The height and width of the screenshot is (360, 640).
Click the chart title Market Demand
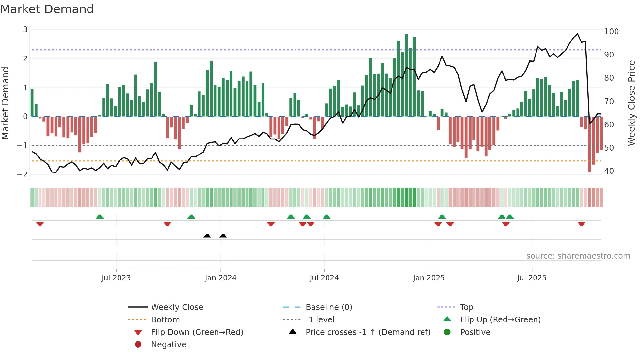point(47,9)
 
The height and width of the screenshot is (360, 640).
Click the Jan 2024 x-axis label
point(220,278)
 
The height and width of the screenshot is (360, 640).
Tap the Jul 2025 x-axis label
point(532,278)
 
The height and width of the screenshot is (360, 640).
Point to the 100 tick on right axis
point(611,32)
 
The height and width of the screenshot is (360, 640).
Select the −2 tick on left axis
point(22,175)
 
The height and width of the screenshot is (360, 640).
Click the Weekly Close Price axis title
point(632,103)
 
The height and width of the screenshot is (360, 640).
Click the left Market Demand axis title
point(6,103)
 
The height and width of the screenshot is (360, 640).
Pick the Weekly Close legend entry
point(177,307)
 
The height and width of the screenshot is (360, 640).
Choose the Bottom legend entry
point(165,320)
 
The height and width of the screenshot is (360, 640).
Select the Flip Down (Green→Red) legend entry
point(197,332)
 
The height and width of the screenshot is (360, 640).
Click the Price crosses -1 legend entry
point(368,332)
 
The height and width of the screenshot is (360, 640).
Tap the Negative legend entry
point(168,345)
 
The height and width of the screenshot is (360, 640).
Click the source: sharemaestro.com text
point(578,256)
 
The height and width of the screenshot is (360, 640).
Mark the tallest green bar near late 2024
point(406,75)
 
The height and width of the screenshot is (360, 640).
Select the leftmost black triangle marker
point(207,236)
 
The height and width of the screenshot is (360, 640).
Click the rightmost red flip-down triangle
point(581,224)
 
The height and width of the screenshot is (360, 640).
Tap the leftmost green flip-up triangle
point(100,217)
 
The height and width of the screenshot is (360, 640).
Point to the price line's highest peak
point(577,34)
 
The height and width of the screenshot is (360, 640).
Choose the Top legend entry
point(466,307)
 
